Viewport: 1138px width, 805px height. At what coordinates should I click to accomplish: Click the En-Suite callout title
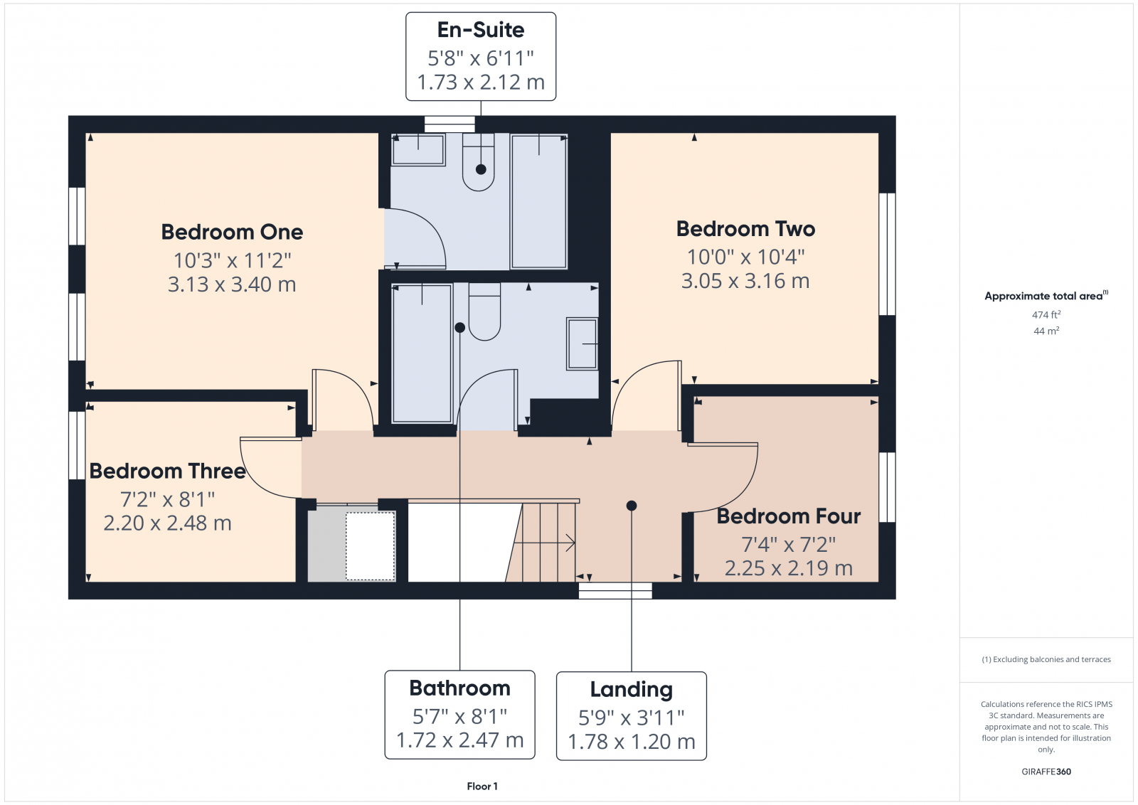481,31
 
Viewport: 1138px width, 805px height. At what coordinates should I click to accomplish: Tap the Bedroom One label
232,233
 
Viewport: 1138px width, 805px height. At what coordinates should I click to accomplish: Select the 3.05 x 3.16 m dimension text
745,282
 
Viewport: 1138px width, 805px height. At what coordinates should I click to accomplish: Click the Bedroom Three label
167,471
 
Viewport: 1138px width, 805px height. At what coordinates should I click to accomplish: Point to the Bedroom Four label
788,516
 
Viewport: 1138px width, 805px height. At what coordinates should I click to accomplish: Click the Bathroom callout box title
459,688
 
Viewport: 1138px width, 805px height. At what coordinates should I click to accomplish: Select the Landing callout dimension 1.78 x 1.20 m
631,742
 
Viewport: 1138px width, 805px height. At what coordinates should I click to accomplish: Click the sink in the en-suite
418,149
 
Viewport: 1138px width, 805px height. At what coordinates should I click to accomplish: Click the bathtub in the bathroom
422,353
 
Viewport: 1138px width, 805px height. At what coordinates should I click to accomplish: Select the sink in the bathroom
582,344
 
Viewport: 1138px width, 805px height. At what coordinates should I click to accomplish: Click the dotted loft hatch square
370,545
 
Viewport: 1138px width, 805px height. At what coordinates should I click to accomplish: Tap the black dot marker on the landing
631,506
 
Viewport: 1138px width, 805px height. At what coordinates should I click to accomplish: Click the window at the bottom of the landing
615,591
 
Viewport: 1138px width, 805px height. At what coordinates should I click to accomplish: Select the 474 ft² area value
1046,314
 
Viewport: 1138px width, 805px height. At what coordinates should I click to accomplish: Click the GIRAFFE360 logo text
1046,772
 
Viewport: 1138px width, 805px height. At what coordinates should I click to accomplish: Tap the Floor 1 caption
482,786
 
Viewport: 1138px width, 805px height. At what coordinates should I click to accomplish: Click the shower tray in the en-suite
538,202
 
